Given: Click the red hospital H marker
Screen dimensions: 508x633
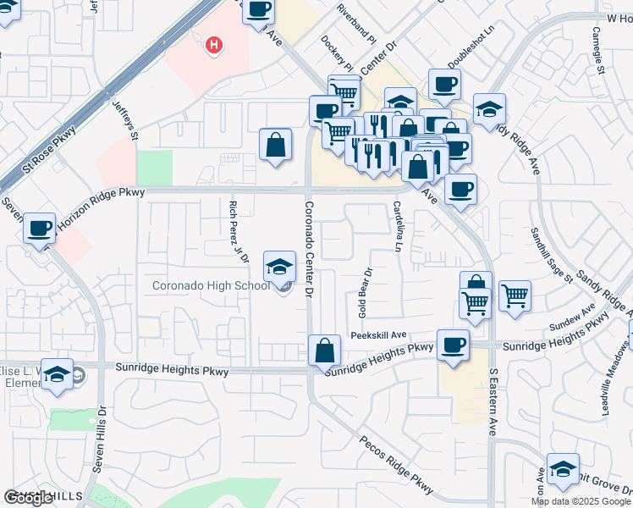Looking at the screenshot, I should pyautogui.click(x=215, y=44).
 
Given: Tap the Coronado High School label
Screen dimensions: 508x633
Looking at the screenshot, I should pyautogui.click(x=211, y=285).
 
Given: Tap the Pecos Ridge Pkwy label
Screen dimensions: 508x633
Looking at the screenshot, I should pyautogui.click(x=396, y=465).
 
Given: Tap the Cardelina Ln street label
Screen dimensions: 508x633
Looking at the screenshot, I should pyautogui.click(x=396, y=225).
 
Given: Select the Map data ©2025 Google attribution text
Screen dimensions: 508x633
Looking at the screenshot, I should pyautogui.click(x=580, y=501).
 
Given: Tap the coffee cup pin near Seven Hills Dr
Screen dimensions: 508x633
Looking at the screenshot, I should pyautogui.click(x=40, y=229).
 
